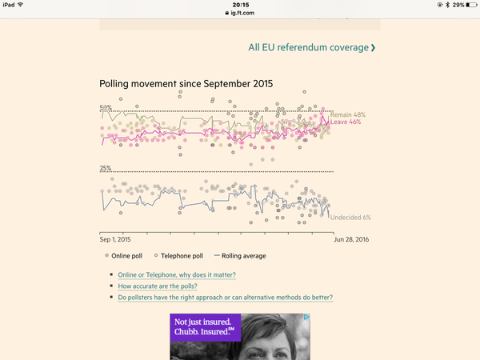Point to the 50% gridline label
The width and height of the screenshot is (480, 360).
point(106,108)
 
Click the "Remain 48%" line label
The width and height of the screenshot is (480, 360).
point(348,114)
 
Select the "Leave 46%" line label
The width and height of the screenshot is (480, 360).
point(346,122)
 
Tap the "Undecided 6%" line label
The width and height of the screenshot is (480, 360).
point(350,218)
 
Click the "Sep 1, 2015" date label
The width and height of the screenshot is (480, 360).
point(115,239)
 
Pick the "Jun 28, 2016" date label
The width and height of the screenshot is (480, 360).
point(352,239)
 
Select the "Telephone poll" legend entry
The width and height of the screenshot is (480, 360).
point(182,256)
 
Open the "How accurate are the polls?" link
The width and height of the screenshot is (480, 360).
point(158,286)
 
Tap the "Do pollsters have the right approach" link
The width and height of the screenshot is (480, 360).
point(225,298)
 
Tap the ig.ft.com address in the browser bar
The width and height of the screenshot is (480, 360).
point(240,14)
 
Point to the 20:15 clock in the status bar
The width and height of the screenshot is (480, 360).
point(240,5)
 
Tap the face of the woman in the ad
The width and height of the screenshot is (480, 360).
point(276,340)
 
